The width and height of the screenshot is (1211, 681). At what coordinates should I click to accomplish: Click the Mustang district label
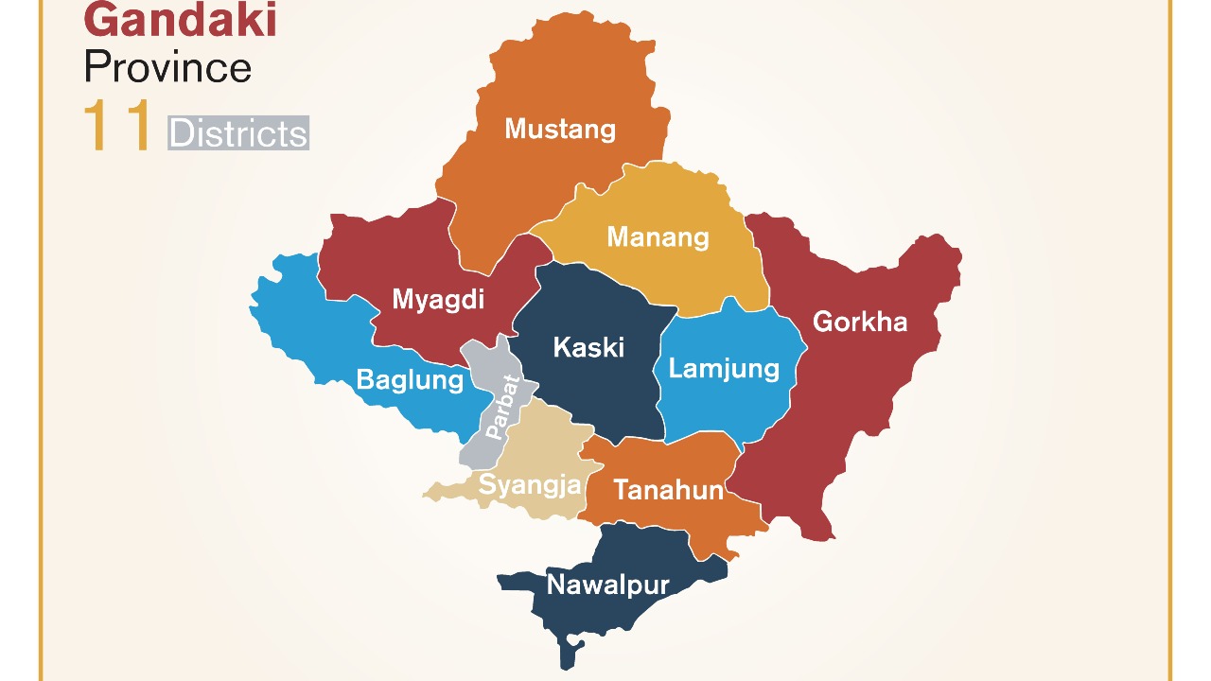[x=560, y=129]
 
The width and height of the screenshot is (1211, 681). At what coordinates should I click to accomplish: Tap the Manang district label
[x=658, y=236]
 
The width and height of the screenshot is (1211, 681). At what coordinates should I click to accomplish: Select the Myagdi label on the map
[x=438, y=300]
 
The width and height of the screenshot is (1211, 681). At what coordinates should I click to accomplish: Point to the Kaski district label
[x=588, y=347]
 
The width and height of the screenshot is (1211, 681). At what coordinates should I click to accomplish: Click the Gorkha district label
[x=859, y=322]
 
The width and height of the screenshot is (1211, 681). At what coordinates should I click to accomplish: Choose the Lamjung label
[x=724, y=368]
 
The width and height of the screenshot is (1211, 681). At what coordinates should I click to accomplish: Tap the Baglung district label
[x=410, y=380]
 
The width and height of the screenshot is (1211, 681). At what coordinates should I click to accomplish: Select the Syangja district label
[x=529, y=485]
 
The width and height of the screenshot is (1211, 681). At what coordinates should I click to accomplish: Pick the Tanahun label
[x=668, y=490]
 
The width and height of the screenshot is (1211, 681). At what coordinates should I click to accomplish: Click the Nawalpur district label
[x=607, y=585]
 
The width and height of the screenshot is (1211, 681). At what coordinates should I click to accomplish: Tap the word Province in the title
[x=167, y=68]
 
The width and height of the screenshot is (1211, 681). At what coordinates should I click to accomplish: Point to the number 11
[x=117, y=128]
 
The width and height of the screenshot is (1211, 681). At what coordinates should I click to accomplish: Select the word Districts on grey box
[x=238, y=133]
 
